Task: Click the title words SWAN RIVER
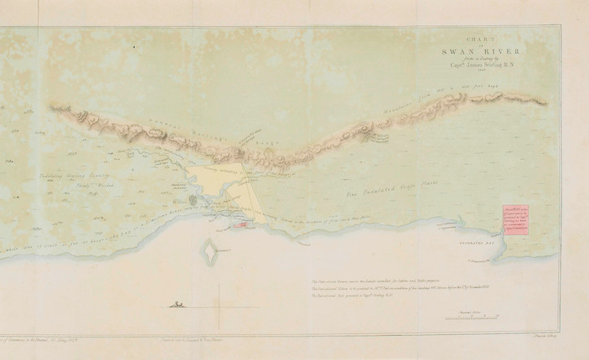[475, 50]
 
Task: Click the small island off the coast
[209, 249]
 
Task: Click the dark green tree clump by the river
[194, 201]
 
